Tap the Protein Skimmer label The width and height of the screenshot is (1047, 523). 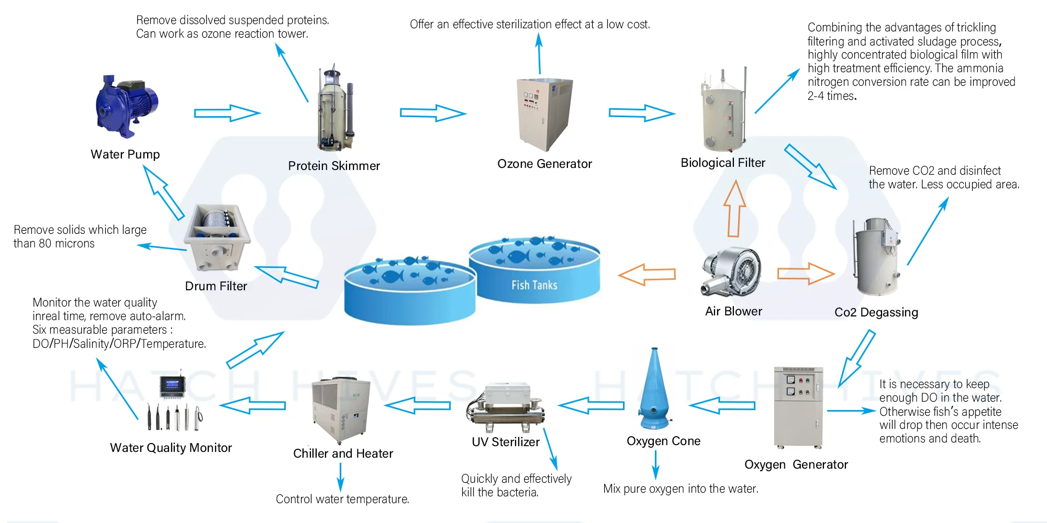click(x=334, y=166)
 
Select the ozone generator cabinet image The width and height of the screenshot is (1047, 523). click(x=544, y=114)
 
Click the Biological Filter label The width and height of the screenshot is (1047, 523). click(x=722, y=163)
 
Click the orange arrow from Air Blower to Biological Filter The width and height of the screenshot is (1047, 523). click(x=734, y=209)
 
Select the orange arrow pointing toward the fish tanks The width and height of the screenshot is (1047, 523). click(x=647, y=274)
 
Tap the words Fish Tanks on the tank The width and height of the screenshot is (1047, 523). click(x=534, y=285)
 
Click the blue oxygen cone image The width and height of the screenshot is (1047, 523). click(x=654, y=390)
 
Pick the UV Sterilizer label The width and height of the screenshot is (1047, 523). click(x=505, y=442)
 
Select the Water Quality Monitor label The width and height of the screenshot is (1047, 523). click(x=171, y=448)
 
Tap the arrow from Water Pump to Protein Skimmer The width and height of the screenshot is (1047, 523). click(x=226, y=113)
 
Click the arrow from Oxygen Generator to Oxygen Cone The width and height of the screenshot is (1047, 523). click(x=722, y=405)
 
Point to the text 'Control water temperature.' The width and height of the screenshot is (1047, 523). click(x=342, y=499)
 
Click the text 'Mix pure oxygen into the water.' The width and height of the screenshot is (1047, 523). click(x=681, y=488)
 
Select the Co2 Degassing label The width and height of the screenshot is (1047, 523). click(x=876, y=312)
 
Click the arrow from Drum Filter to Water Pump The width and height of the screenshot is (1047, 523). click(x=163, y=193)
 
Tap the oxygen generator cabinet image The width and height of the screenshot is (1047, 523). click(x=798, y=407)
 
